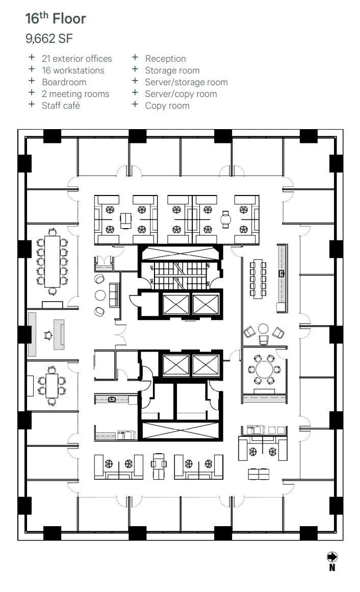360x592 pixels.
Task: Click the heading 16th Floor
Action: [x=56, y=19]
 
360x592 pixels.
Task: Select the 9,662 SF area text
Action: [x=49, y=38]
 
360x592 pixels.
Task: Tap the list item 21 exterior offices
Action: [x=76, y=59]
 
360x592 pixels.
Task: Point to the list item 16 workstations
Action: [x=73, y=70]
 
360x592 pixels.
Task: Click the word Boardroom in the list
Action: [x=64, y=82]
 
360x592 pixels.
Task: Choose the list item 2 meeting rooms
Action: [x=75, y=94]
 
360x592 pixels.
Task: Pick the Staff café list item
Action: [x=61, y=106]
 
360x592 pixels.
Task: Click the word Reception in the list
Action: [x=165, y=59]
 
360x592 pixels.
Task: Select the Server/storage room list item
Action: [x=186, y=82]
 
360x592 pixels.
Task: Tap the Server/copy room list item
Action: [x=181, y=94]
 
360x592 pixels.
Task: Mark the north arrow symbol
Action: [x=332, y=557]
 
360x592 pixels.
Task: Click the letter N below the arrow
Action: [x=332, y=568]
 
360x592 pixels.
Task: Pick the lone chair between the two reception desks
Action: [x=47, y=335]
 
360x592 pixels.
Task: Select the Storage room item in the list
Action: [x=172, y=70]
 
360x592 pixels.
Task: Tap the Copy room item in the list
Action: [x=167, y=106]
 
